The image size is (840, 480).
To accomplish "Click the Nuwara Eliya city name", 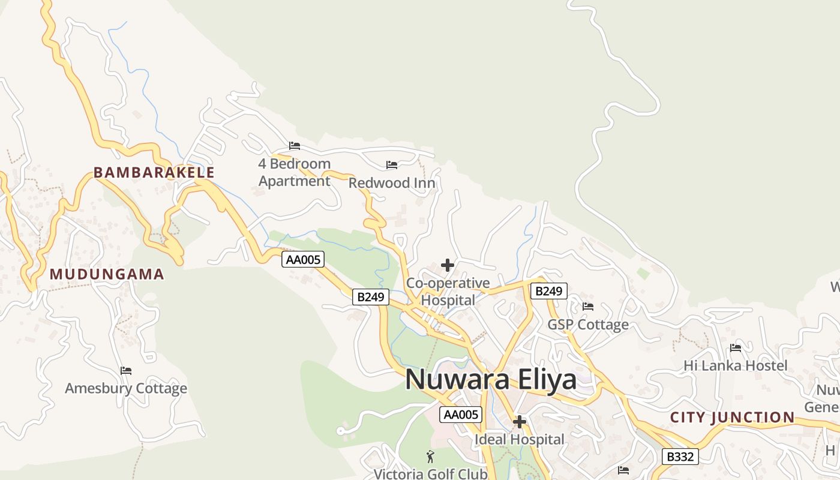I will [491, 379].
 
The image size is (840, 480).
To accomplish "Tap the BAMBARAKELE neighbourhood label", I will [154, 173].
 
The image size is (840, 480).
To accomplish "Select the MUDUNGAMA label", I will [107, 275].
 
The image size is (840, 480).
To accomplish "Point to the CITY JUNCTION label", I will [732, 418].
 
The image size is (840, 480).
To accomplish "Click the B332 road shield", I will [680, 457].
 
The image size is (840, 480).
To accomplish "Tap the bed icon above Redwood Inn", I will [392, 165].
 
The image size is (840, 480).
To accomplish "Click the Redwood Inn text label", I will [392, 183].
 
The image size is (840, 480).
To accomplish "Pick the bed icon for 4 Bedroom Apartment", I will [294, 146].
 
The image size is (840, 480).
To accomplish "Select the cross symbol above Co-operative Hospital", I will [448, 265].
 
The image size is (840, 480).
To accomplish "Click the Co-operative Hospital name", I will [448, 292].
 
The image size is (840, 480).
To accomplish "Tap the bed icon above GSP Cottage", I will [588, 307].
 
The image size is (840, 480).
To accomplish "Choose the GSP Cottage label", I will [588, 325].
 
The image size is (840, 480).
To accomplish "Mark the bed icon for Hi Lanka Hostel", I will [736, 348].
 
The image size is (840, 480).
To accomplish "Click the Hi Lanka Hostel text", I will [736, 365].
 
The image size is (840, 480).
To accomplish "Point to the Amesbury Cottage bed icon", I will [126, 371].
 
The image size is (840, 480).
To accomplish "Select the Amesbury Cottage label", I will [126, 389].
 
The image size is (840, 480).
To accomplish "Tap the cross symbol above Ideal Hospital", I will [520, 422].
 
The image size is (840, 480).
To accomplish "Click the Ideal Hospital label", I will [520, 440].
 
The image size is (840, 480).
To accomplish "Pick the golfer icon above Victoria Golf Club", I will [430, 457].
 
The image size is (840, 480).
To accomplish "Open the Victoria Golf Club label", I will [430, 474].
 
